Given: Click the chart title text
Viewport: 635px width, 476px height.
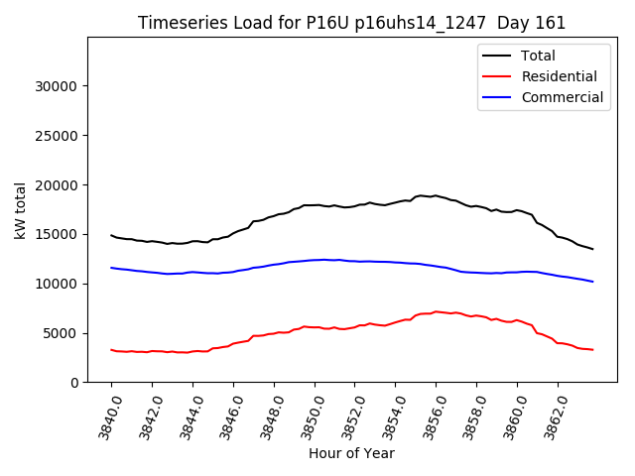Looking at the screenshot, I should point(351,23).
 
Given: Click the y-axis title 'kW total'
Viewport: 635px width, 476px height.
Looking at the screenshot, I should point(21,210).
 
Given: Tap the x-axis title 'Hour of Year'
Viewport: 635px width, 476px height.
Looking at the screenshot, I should point(351,453).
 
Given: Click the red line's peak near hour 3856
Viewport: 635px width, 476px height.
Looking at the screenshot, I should point(436,311).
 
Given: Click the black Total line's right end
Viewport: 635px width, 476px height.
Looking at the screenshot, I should point(592,249).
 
